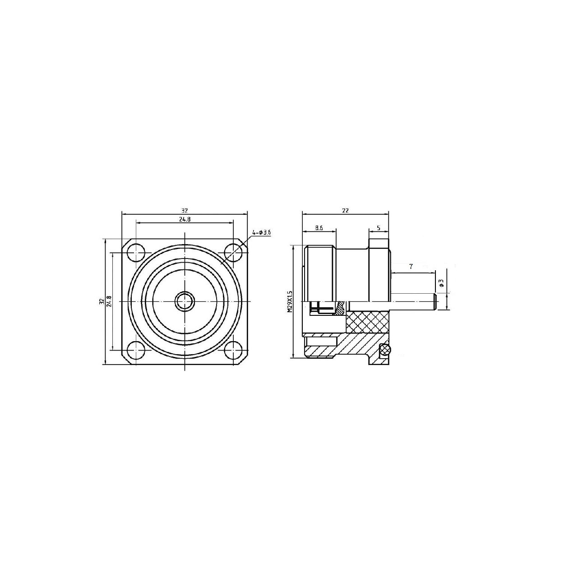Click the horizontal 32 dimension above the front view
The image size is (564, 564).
(x=185, y=210)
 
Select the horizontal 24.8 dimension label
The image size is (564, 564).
(x=185, y=219)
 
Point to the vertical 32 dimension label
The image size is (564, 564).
(x=102, y=301)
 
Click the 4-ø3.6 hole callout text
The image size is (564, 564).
(x=261, y=232)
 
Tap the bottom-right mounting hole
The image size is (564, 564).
(x=233, y=349)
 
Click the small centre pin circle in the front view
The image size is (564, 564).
(x=185, y=300)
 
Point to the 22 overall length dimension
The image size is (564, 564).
(x=346, y=210)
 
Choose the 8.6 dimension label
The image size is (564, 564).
(x=319, y=228)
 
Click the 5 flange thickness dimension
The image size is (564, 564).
(x=379, y=228)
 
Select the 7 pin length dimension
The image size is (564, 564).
(x=411, y=267)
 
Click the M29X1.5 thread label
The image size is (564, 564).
(x=290, y=302)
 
